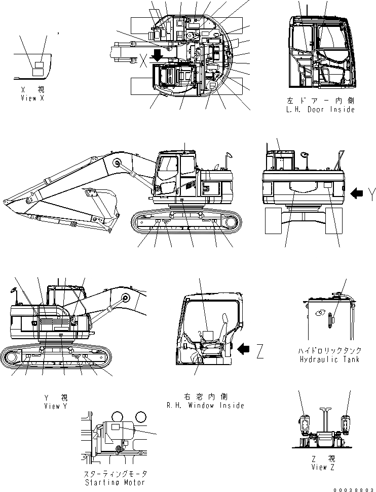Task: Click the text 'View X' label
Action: click(32, 98)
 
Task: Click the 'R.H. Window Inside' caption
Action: click(205, 405)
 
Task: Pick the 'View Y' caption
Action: click(56, 406)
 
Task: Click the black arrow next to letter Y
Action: click(357, 192)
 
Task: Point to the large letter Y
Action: click(372, 192)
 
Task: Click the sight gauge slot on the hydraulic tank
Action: click(330, 321)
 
